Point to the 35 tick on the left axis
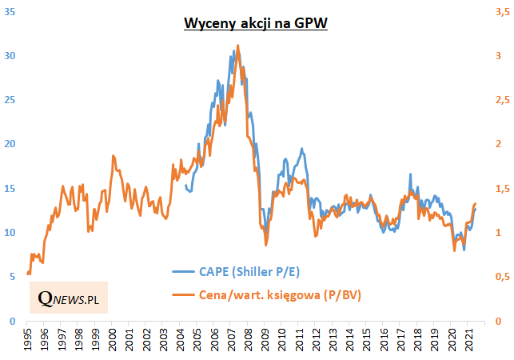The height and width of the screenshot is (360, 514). (11, 12)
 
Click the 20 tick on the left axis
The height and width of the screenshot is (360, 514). (11, 145)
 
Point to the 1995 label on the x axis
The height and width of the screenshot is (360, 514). (28, 339)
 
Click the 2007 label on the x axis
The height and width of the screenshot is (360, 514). (229, 339)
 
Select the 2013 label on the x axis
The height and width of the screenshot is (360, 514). (331, 339)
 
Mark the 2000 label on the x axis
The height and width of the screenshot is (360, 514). (112, 339)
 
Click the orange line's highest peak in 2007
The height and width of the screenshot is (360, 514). (237, 46)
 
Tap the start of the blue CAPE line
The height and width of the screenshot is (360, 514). (185, 186)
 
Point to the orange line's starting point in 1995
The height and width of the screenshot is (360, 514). (28, 274)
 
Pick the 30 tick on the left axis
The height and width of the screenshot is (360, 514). (11, 56)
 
